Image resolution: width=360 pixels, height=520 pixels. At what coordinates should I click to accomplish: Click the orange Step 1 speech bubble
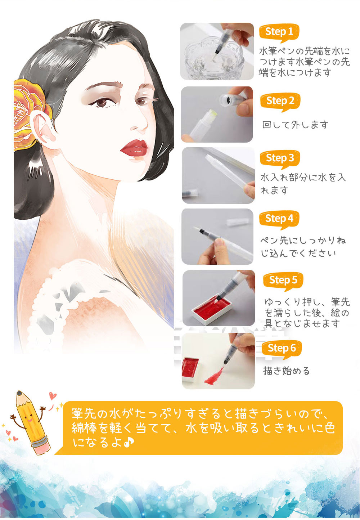click(279, 32)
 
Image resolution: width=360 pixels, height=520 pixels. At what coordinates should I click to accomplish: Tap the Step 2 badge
click(280, 102)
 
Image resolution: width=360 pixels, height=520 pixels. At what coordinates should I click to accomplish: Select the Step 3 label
click(280, 159)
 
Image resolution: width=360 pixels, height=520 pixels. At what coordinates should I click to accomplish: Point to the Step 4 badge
click(279, 219)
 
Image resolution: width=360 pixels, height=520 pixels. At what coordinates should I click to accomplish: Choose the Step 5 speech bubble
click(283, 281)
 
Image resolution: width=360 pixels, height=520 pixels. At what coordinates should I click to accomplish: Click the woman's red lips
click(134, 148)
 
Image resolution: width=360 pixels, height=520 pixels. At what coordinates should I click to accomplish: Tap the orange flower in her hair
click(29, 114)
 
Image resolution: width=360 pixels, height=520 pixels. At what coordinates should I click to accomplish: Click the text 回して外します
click(295, 125)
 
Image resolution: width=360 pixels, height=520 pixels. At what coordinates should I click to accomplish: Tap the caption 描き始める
click(286, 371)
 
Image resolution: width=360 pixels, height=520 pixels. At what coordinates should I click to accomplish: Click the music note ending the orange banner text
click(129, 442)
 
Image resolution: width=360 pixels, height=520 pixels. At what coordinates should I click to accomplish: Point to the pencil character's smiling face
click(29, 417)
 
